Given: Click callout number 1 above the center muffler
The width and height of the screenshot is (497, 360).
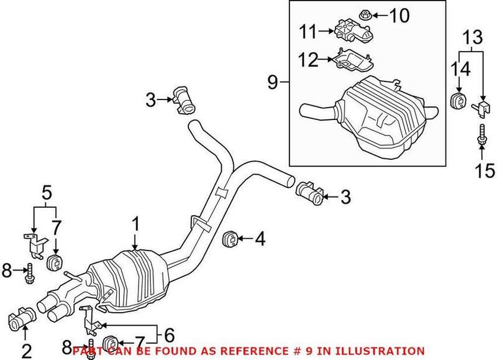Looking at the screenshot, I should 136,224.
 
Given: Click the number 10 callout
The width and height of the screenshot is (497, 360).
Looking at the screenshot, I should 400,14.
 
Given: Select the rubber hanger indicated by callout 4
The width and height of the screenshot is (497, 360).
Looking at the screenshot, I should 231,238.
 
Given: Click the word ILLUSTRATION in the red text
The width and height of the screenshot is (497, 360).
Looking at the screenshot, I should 381,351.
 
